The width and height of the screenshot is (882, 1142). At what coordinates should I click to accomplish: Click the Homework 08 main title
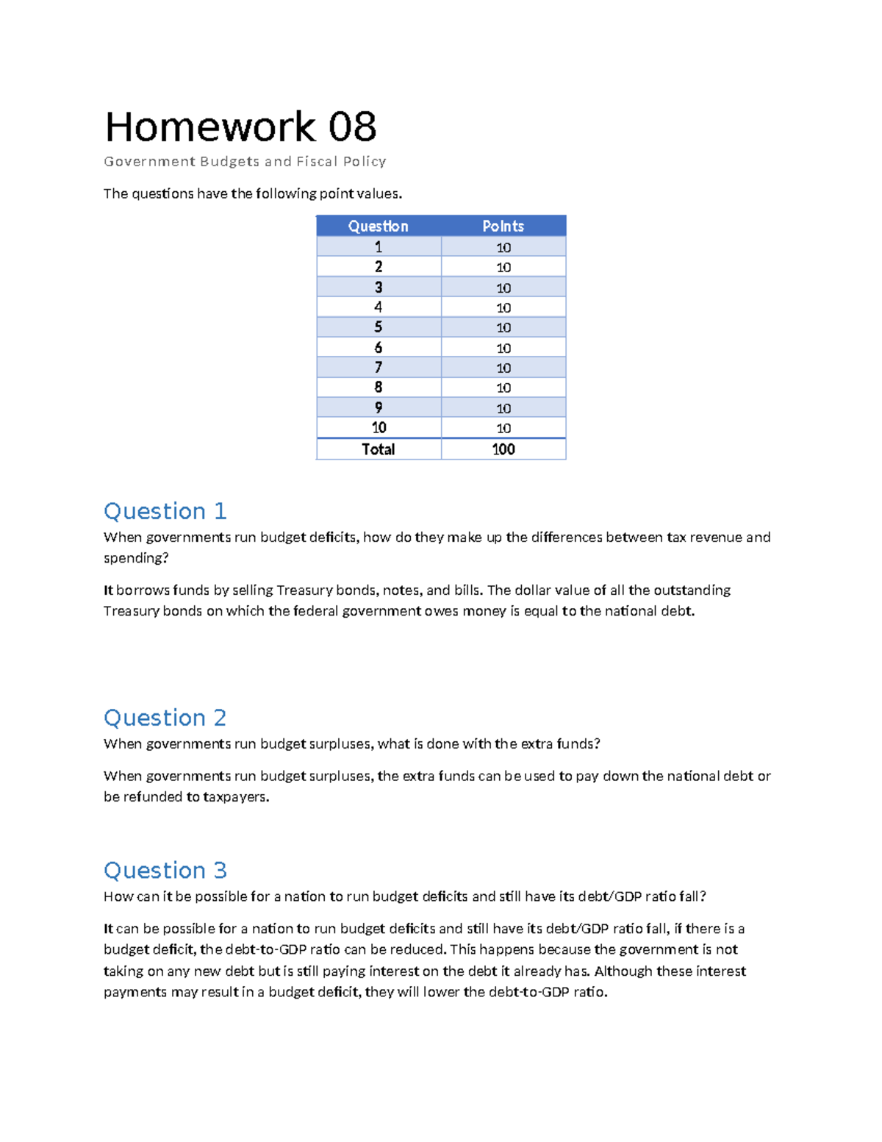pyautogui.click(x=240, y=127)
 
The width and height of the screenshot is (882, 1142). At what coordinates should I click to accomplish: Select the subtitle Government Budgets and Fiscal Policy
pyautogui.click(x=245, y=162)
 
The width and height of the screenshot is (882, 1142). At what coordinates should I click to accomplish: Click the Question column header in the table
pyautogui.click(x=378, y=226)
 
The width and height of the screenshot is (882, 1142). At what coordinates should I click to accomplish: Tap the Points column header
pyautogui.click(x=503, y=226)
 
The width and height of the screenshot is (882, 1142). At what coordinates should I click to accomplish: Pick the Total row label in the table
pyautogui.click(x=378, y=449)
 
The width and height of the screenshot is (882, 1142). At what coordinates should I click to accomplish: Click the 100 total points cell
pyautogui.click(x=503, y=449)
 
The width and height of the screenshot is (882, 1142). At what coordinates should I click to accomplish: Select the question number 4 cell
pyautogui.click(x=378, y=307)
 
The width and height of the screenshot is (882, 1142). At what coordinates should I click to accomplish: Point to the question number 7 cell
pyautogui.click(x=378, y=368)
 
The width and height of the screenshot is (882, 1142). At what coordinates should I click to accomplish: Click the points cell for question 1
pyautogui.click(x=503, y=248)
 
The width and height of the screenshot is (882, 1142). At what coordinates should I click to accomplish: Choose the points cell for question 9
pyautogui.click(x=503, y=408)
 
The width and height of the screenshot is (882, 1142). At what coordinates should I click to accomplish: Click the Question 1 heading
pyautogui.click(x=165, y=511)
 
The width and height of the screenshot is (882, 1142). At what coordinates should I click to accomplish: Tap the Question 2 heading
pyautogui.click(x=165, y=718)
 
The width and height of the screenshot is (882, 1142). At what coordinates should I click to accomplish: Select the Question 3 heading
pyautogui.click(x=165, y=871)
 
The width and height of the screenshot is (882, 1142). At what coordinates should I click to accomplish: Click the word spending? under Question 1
pyautogui.click(x=136, y=558)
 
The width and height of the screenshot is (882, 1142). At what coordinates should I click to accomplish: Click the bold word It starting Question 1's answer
pyautogui.click(x=108, y=590)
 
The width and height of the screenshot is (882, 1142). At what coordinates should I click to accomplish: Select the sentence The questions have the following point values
pyautogui.click(x=253, y=194)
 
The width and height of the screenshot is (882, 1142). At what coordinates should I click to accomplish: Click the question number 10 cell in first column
pyautogui.click(x=378, y=428)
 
